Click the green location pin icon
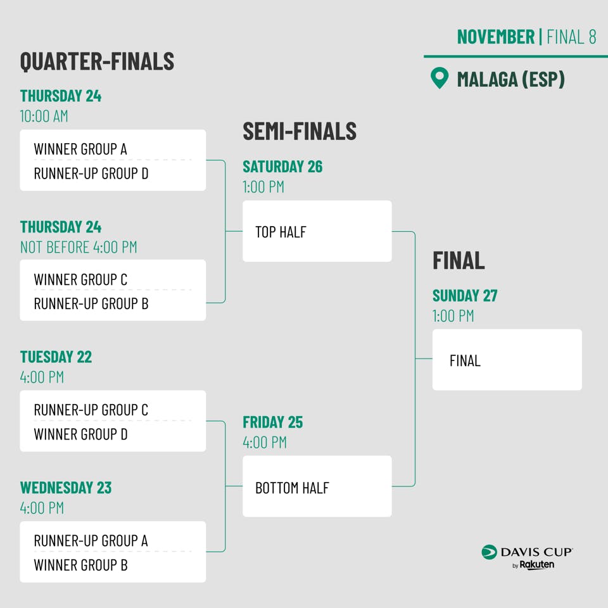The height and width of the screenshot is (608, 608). tap(440, 77)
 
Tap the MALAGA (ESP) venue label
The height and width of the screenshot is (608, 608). tap(510, 79)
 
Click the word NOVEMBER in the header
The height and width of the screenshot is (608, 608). tap(495, 37)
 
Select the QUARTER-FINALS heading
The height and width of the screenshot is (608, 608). tap(97, 61)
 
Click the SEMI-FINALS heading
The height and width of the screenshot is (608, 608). tap(300, 131)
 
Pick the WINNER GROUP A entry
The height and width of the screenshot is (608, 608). tap(80, 149)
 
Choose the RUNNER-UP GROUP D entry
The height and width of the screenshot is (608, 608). tap(91, 174)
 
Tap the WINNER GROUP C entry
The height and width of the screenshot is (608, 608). tap(80, 279)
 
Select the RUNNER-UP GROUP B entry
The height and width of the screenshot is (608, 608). tap(91, 303)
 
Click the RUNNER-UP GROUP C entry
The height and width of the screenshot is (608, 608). tap(91, 410)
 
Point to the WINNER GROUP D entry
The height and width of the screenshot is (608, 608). tap(80, 434)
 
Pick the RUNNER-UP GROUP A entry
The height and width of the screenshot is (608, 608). tap(91, 540)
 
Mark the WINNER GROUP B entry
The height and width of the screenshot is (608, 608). tap(80, 565)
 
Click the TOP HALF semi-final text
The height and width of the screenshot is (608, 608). tap(281, 232)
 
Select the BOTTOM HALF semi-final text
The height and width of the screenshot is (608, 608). tap(292, 488)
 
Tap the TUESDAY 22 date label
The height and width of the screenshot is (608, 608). tap(56, 357)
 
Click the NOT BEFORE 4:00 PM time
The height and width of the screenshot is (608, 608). tap(79, 247)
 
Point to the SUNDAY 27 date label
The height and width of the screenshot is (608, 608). tap(465, 296)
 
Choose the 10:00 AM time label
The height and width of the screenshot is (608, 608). tap(44, 117)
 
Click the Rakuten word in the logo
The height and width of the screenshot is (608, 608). tap(536, 564)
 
